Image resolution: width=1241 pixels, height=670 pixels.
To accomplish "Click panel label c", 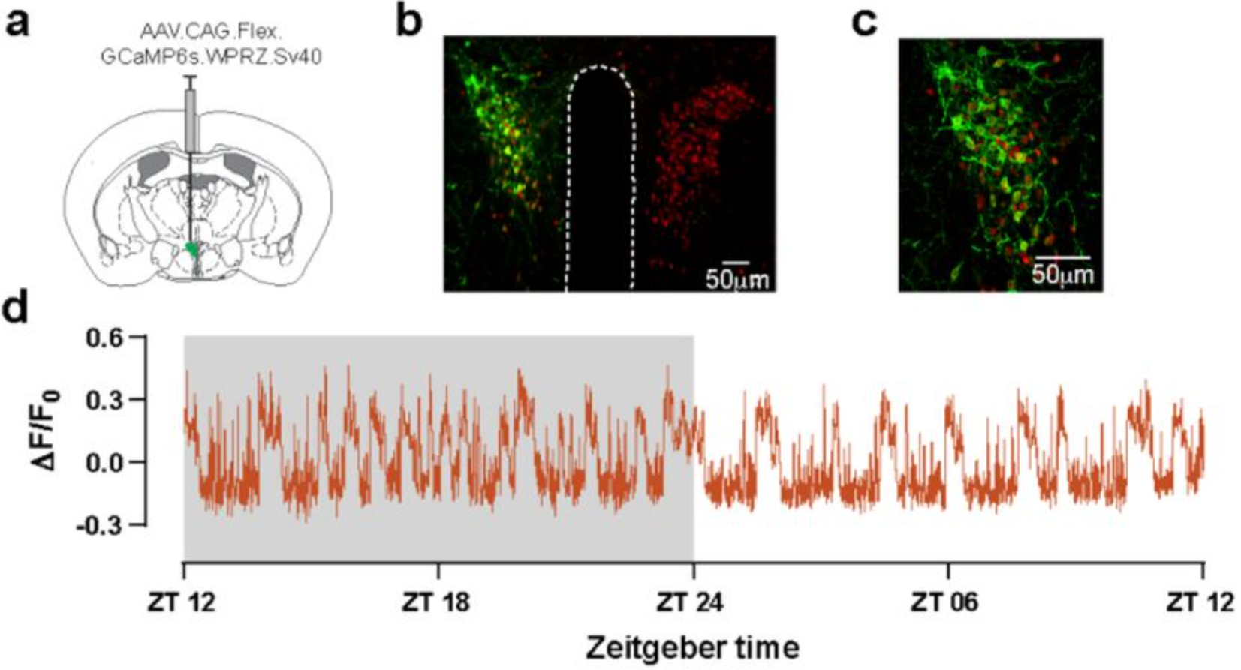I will tap(864, 23).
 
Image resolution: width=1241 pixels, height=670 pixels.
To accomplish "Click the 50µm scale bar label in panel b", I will tap(736, 279).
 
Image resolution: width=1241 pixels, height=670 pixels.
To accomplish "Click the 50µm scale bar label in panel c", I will tap(1062, 274).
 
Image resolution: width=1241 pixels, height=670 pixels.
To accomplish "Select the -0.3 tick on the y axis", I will tap(99, 525).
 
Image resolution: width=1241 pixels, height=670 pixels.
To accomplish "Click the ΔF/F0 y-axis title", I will tap(47, 433).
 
